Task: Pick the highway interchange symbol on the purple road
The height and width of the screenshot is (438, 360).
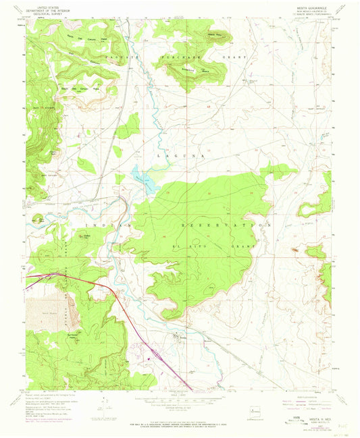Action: (155, 352)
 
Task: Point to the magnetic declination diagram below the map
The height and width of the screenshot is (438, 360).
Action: (105, 403)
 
